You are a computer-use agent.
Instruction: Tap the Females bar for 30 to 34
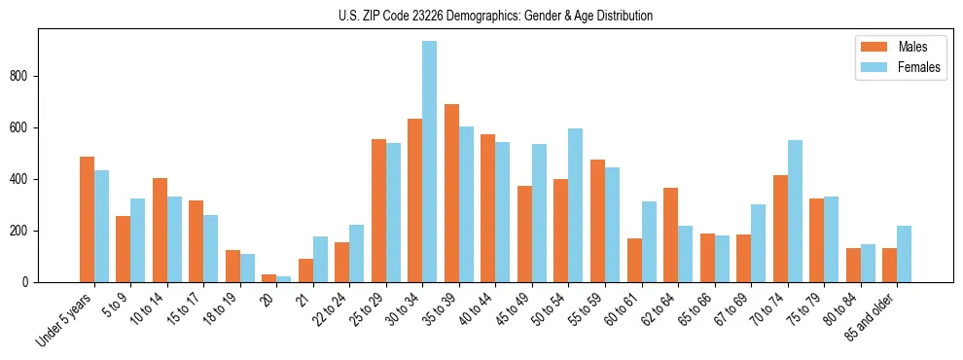point(429,162)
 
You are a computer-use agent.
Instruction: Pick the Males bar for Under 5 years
point(87,220)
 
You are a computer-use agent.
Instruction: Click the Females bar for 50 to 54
point(576,205)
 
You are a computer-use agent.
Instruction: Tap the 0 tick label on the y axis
point(29,282)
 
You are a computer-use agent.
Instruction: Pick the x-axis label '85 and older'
point(870,317)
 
